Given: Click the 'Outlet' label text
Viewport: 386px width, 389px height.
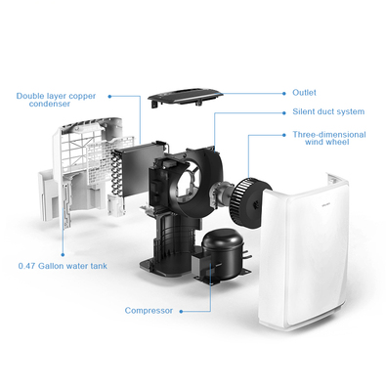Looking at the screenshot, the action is (x=304, y=93).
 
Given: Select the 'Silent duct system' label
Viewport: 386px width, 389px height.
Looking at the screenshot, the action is (x=328, y=112).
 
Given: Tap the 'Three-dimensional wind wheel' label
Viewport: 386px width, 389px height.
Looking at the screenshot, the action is (x=329, y=138).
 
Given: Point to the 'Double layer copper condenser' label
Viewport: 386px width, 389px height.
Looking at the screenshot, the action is (x=56, y=100).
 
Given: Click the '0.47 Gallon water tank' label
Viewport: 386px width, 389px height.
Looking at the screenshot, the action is (x=63, y=266).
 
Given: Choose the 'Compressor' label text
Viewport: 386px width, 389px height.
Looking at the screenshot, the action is (x=149, y=311).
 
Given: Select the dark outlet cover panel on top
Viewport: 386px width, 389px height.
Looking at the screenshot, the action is (x=185, y=96).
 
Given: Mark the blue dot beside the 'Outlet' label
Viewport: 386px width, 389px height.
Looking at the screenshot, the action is (x=284, y=94).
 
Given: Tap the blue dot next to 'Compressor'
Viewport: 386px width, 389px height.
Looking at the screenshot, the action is (x=182, y=312).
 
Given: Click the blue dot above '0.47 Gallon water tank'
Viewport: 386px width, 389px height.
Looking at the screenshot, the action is (x=63, y=255).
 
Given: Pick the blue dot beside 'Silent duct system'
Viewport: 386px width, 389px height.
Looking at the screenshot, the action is (x=284, y=112).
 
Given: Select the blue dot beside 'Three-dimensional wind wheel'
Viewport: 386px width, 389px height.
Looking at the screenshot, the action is (x=284, y=135).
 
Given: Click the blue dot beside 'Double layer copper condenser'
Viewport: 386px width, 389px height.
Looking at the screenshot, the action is (x=109, y=97).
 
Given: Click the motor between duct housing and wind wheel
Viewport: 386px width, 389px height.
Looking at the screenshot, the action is (x=221, y=194).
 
